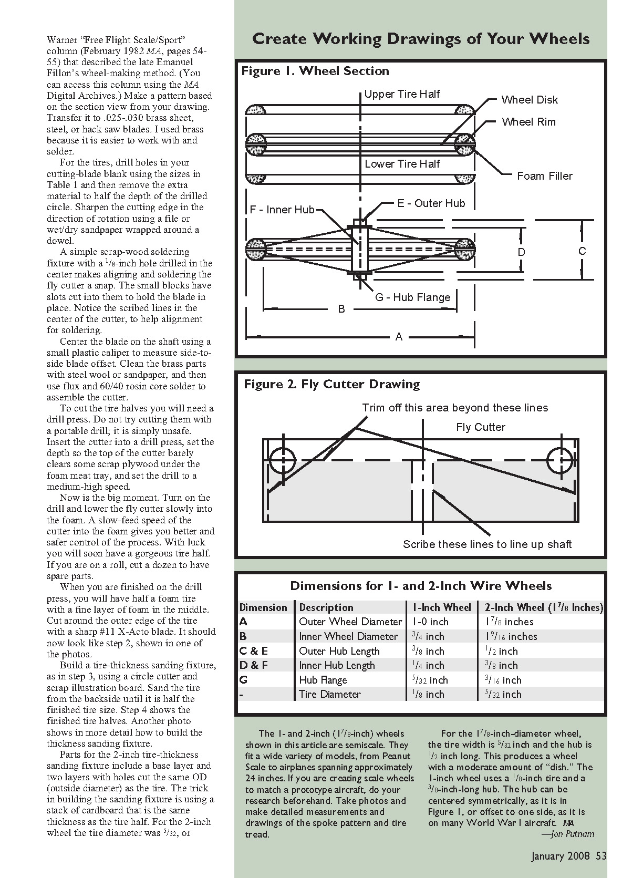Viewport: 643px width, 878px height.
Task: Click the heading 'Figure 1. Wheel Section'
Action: tap(315, 71)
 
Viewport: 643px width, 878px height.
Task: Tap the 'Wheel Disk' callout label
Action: tap(529, 100)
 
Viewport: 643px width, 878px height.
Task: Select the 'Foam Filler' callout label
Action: tap(544, 176)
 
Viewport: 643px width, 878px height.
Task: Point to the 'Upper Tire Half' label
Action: tap(402, 94)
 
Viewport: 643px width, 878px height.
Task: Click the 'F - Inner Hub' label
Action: tap(282, 210)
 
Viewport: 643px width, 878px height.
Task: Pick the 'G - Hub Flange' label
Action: tap(412, 297)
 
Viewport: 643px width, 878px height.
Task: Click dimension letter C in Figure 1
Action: tap(582, 251)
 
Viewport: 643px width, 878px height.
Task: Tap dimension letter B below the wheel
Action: tap(341, 309)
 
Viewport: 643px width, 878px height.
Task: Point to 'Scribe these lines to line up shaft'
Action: tap(487, 544)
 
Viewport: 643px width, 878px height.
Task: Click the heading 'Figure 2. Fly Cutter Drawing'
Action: tap(331, 385)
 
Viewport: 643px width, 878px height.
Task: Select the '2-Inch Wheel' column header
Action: tap(544, 607)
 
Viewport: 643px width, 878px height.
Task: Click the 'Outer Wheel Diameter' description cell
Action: tap(350, 622)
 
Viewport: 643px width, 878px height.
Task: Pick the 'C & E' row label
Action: tap(254, 651)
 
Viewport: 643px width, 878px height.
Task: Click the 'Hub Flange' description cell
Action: tap(323, 680)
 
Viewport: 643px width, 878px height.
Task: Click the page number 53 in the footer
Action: tap(601, 856)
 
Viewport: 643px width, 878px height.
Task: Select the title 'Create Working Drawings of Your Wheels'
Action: tap(421, 39)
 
